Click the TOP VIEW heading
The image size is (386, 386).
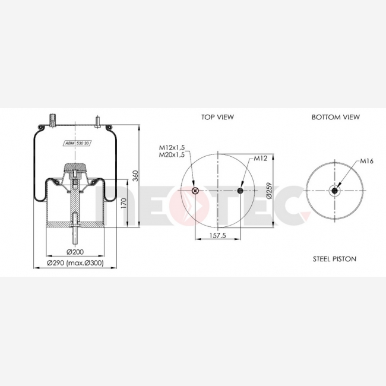pyautogui.click(x=217, y=117)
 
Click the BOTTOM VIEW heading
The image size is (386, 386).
pyautogui.click(x=336, y=117)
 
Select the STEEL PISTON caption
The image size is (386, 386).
pyautogui.click(x=334, y=259)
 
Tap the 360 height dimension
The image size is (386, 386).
pyautogui.click(x=135, y=176)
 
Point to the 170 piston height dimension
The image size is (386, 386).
pyautogui.click(x=124, y=203)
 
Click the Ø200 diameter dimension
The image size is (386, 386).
pyautogui.click(x=75, y=252)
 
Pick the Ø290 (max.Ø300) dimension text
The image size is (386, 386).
pyautogui.click(x=75, y=263)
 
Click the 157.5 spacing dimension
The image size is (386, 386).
pyautogui.click(x=217, y=236)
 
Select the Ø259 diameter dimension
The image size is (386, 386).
pyautogui.click(x=269, y=190)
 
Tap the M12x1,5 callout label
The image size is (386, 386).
pyautogui.click(x=172, y=147)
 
